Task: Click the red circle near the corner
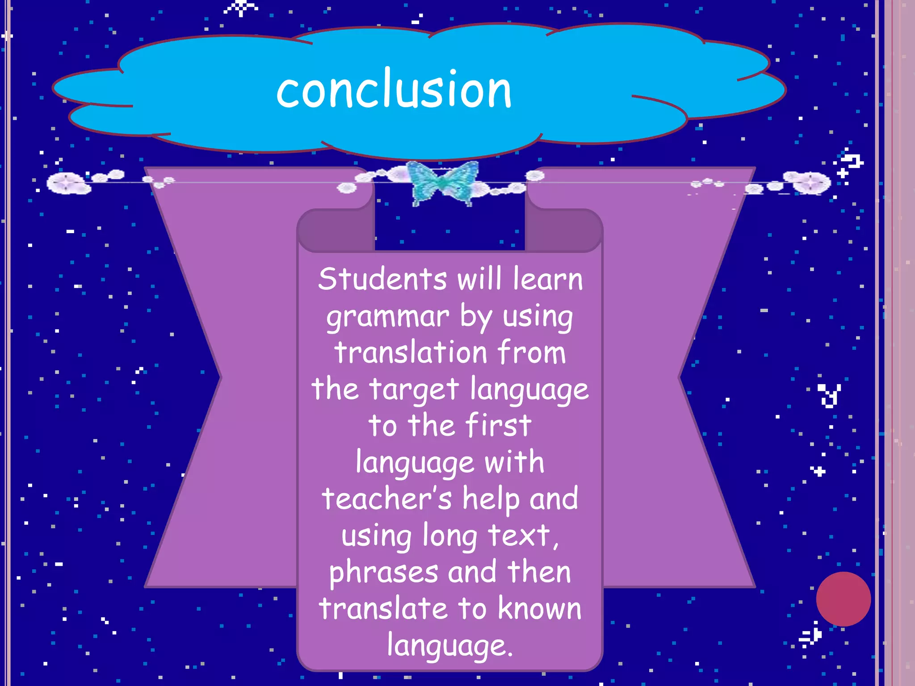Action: [843, 599]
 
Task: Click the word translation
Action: [411, 352]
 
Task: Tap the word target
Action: [414, 389]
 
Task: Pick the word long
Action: [449, 536]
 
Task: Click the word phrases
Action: [383, 573]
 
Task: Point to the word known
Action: [540, 609]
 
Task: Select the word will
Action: [479, 279]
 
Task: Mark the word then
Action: [539, 572]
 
